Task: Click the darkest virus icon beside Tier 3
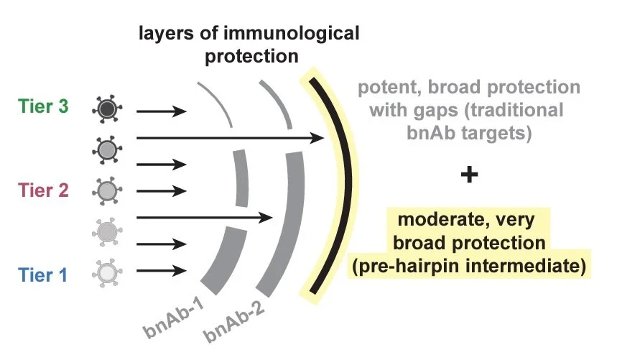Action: click(106, 110)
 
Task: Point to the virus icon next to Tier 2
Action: click(106, 190)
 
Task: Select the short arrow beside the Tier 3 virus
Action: click(162, 111)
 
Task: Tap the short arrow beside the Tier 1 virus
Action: click(162, 271)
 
